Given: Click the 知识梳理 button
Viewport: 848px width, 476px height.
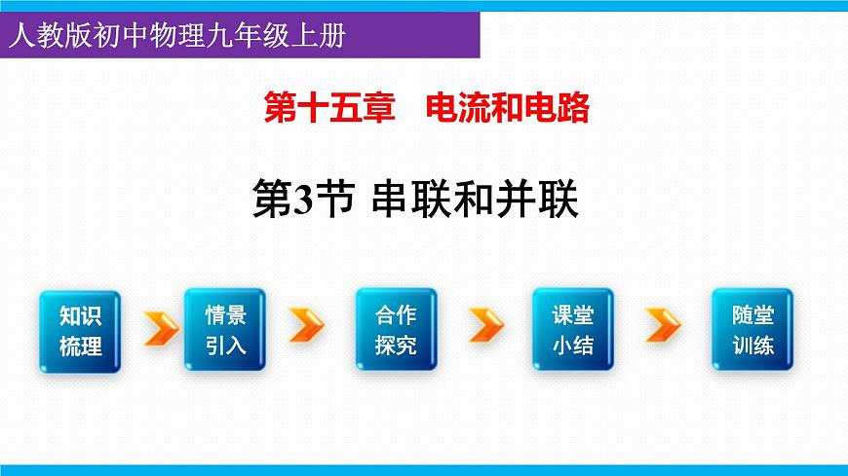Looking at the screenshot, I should point(80,329).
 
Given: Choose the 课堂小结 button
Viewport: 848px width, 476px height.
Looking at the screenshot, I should point(572,329).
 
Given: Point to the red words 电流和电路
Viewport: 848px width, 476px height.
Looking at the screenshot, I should point(508,108).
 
